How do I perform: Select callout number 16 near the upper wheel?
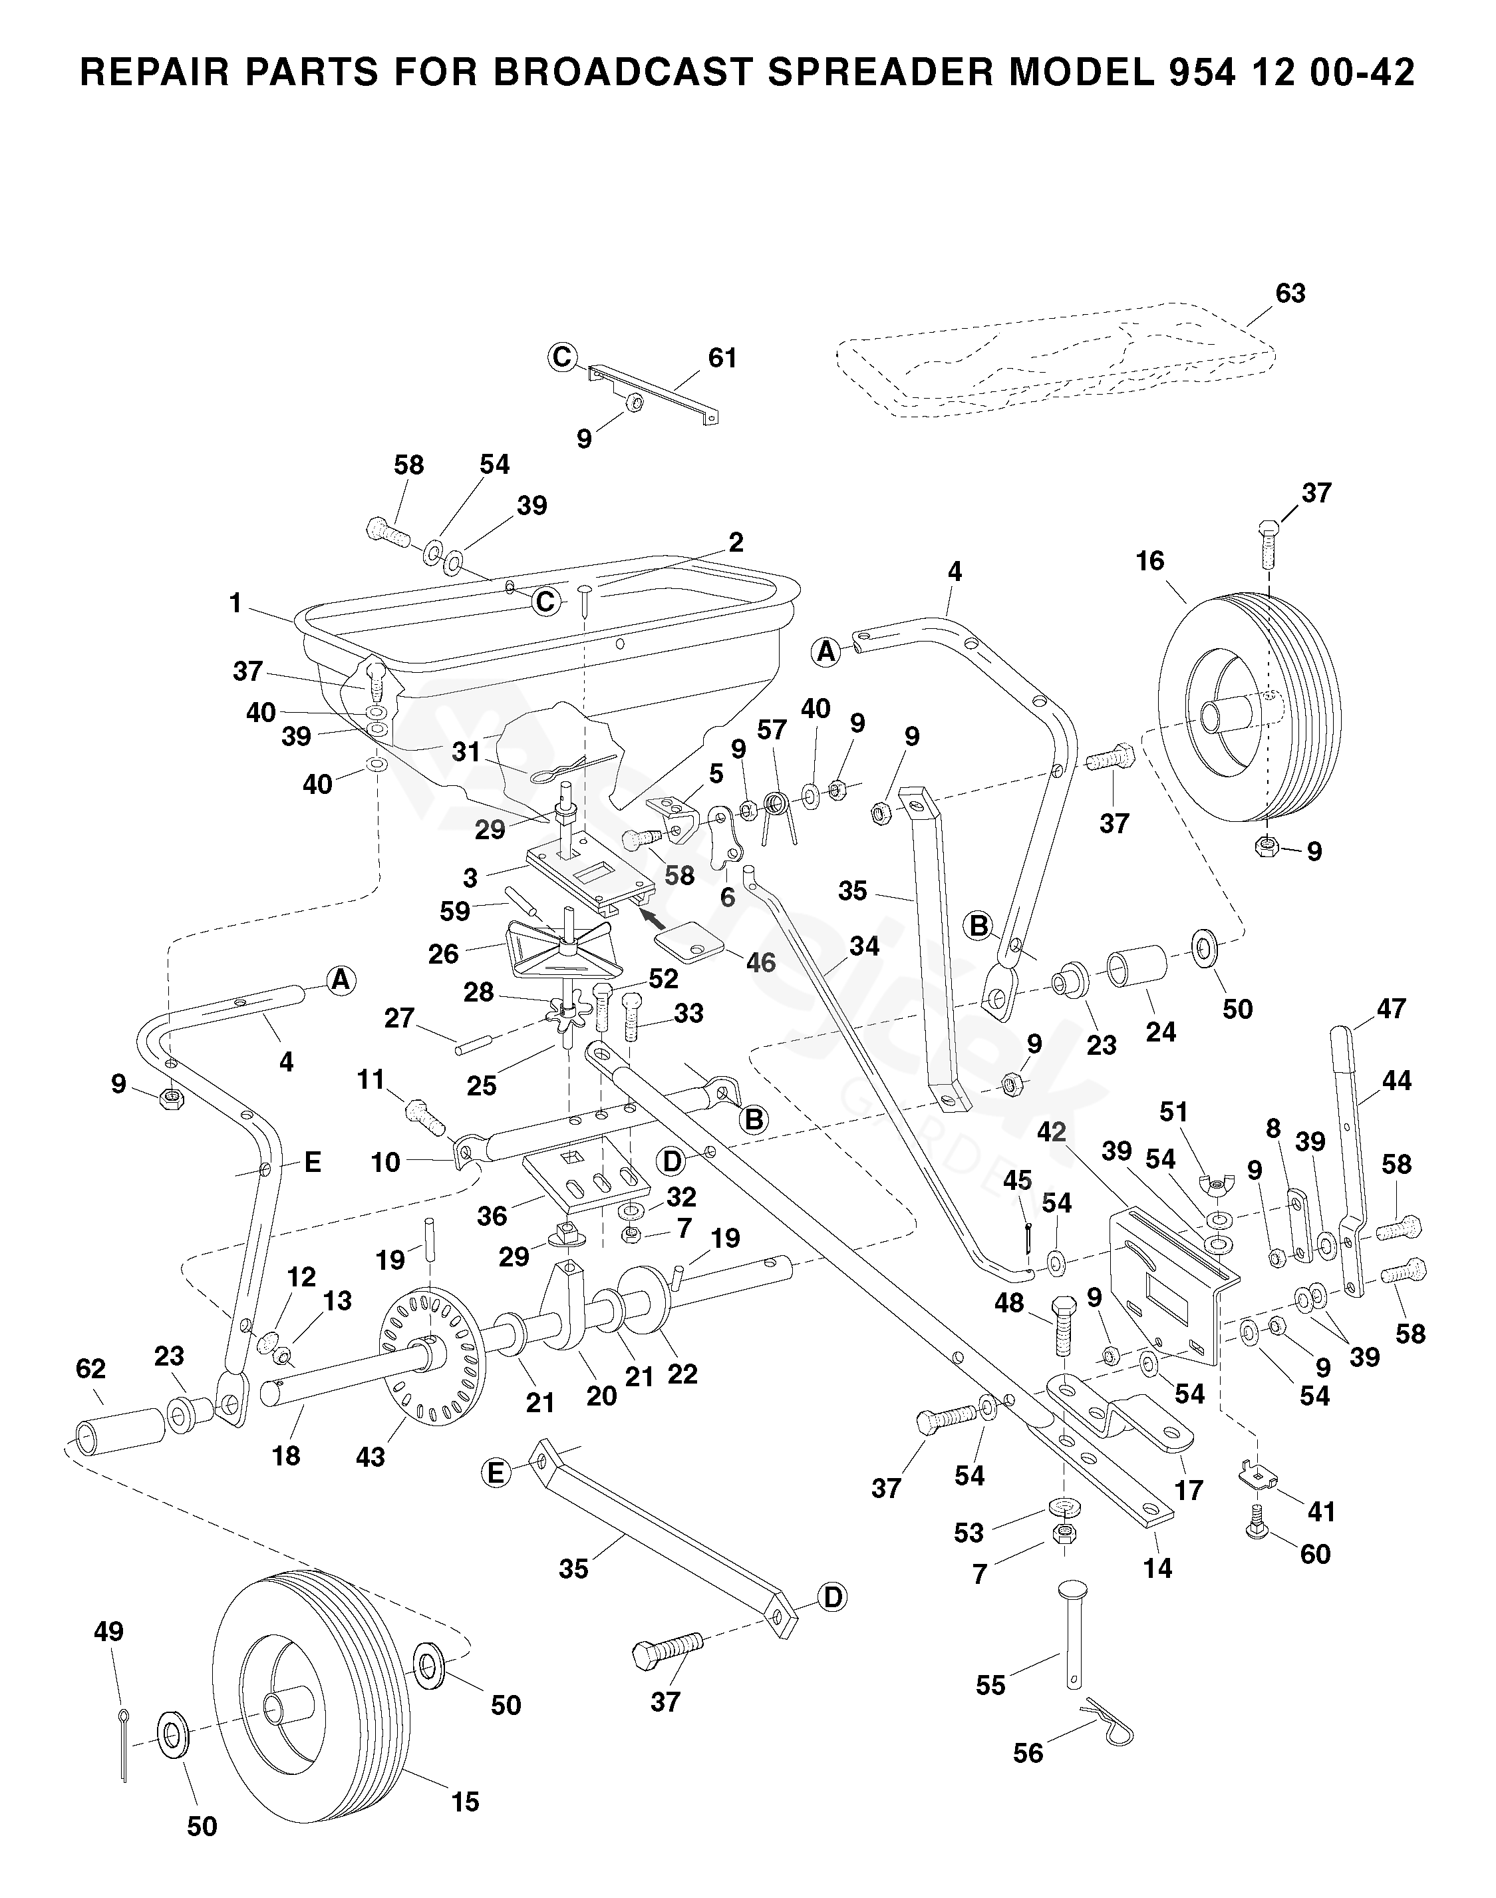pyautogui.click(x=1150, y=561)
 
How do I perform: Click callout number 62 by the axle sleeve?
pyautogui.click(x=91, y=1369)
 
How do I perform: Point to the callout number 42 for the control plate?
pyautogui.click(x=1052, y=1131)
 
